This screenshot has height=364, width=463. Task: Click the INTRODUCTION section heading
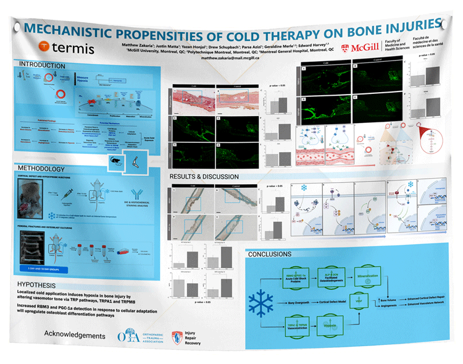tap(42, 65)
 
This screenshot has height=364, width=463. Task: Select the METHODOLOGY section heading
tap(41, 169)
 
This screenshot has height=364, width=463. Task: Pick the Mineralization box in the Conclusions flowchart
tap(362, 277)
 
